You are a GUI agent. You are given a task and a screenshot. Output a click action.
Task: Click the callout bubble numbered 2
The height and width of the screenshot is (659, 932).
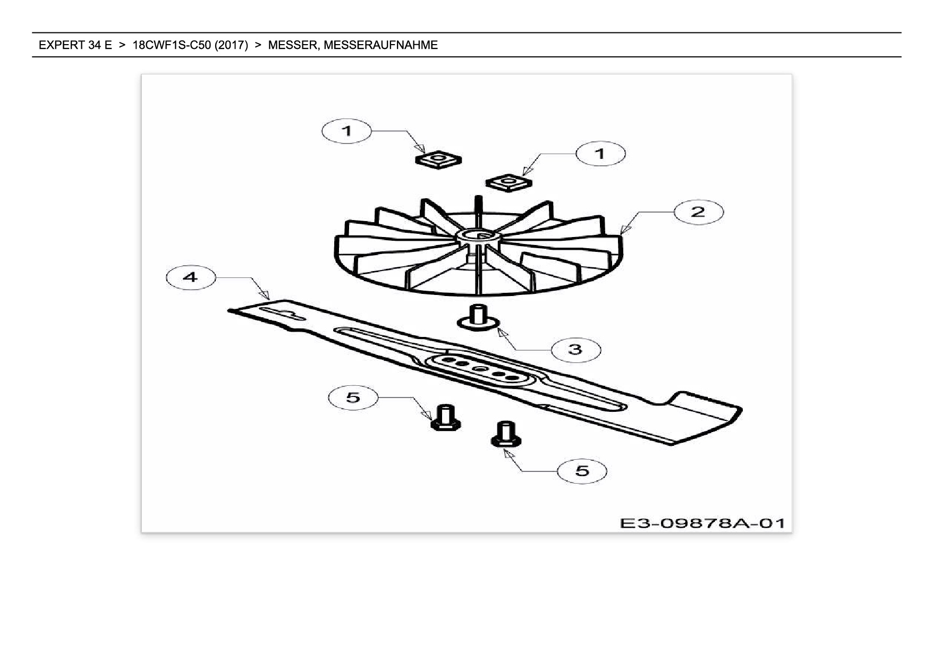(x=698, y=212)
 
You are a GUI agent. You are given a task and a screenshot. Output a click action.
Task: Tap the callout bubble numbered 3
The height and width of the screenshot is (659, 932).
(x=575, y=349)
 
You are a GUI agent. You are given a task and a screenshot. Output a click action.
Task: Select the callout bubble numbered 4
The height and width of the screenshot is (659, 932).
(x=190, y=277)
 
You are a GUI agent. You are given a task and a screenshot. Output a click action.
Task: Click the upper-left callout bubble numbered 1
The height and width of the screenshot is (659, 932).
(x=346, y=131)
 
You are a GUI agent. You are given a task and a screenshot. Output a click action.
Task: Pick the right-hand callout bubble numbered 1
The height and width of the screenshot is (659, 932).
(x=600, y=154)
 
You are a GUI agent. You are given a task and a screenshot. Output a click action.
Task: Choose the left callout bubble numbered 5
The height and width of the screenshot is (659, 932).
(x=353, y=397)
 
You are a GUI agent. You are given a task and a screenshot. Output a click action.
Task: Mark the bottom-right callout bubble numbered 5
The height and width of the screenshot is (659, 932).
(x=582, y=471)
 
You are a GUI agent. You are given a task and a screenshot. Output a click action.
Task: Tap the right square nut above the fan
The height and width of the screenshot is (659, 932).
(x=509, y=182)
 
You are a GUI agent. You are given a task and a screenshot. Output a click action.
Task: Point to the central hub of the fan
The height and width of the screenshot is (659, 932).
(x=480, y=236)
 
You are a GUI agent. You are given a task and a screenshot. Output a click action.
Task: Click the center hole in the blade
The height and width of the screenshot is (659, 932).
(x=479, y=368)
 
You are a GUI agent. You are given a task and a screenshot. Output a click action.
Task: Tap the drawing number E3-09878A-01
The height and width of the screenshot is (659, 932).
(x=701, y=523)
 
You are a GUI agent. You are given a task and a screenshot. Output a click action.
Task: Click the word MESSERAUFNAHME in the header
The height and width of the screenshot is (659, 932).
(x=380, y=45)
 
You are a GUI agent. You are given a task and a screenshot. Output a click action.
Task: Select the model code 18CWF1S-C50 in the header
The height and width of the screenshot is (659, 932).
(x=171, y=45)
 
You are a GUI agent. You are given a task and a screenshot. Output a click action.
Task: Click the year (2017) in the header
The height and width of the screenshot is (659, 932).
(x=231, y=45)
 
